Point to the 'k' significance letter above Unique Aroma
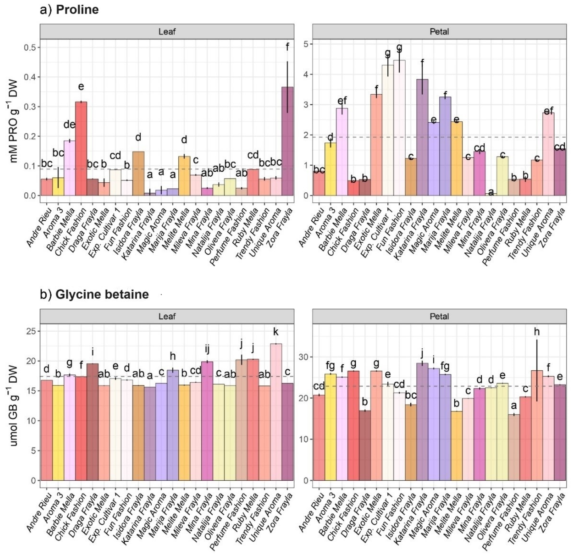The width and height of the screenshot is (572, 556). click(275, 332)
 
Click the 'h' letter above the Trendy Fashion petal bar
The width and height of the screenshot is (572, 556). click(537, 332)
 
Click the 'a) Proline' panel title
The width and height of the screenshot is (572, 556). click(70, 9)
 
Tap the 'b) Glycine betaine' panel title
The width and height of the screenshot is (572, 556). click(94, 294)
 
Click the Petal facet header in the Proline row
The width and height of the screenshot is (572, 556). click(439, 31)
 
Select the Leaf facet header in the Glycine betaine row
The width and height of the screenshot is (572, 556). click(167, 316)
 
